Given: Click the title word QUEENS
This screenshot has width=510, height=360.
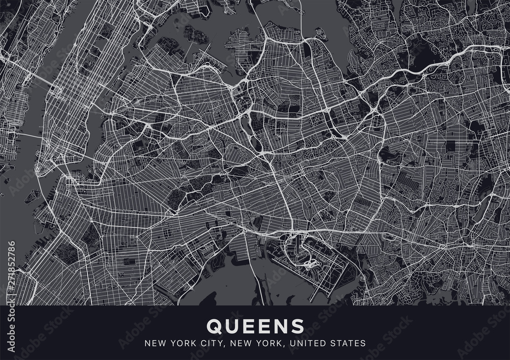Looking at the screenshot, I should click(254, 325).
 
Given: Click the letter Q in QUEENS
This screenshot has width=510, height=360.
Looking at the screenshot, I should click(213, 325).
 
